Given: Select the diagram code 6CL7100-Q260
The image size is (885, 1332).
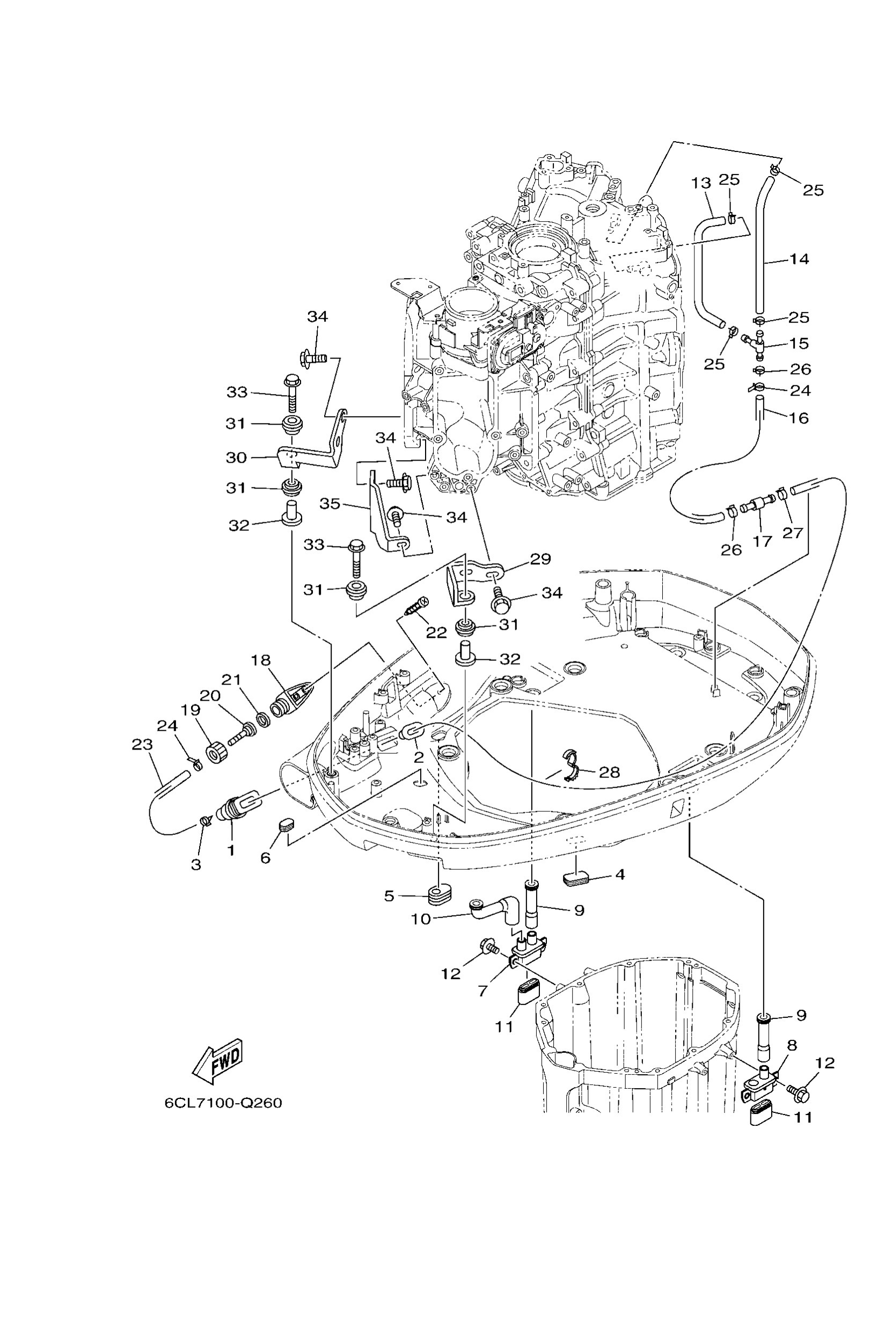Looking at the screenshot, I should pyautogui.click(x=223, y=1103).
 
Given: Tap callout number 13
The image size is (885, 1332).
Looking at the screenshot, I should pyautogui.click(x=701, y=183).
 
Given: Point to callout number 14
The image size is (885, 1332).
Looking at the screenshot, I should pyautogui.click(x=799, y=259).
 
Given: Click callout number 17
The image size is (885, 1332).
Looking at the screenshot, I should pyautogui.click(x=762, y=541).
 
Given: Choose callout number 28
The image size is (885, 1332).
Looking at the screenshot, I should pyautogui.click(x=609, y=772).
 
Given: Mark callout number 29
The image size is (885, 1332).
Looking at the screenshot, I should pyautogui.click(x=540, y=559).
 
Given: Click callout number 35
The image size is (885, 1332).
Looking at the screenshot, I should pyautogui.click(x=330, y=503).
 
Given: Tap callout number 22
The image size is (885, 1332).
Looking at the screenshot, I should pyautogui.click(x=436, y=632).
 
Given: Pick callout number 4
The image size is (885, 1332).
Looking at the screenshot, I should pyautogui.click(x=620, y=875).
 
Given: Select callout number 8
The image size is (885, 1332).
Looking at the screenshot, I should pyautogui.click(x=792, y=1045).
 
